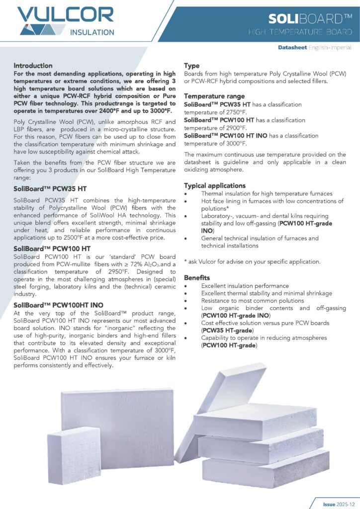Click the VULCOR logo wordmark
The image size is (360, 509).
pyautogui.click(x=66, y=15)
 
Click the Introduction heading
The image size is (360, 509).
pyautogui.click(x=33, y=66)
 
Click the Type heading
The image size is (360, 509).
pyautogui.click(x=192, y=66)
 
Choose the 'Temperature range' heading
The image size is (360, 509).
pyautogui.click(x=214, y=96)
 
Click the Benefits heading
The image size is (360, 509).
pyautogui.click(x=197, y=277)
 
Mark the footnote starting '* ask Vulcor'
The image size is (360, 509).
pyautogui.click(x=252, y=261)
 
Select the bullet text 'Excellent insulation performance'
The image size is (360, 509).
pyautogui.click(x=245, y=286)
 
